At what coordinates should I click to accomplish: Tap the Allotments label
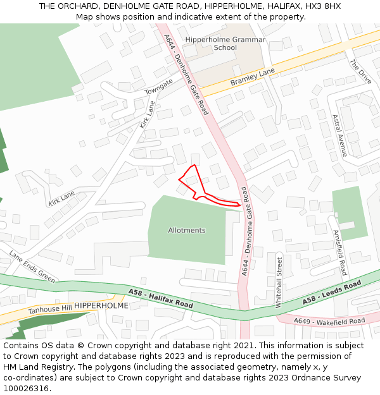click(187, 230)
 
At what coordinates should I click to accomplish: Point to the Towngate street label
click(158, 87)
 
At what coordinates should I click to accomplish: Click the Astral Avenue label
click(339, 135)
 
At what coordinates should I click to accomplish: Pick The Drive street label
click(360, 72)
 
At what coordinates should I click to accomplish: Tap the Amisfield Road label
click(339, 252)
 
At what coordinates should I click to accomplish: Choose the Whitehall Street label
click(278, 281)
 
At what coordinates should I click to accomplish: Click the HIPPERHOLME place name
click(101, 305)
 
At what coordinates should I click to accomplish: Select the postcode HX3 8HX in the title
click(324, 6)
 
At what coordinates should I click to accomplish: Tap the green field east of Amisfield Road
click(350, 212)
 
